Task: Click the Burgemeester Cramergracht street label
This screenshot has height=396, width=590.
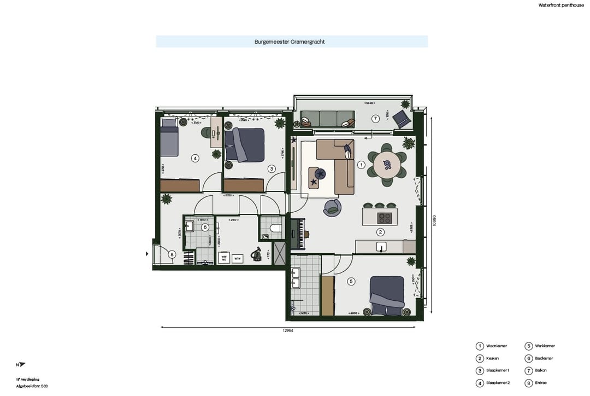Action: point(290,42)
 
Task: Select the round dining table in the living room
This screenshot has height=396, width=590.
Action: point(387,164)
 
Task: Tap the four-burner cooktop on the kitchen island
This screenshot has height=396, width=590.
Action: point(385,218)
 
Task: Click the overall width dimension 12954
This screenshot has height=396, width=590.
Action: point(288,331)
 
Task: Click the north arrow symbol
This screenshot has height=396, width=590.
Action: point(22,365)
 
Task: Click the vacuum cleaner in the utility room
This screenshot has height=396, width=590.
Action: point(255,255)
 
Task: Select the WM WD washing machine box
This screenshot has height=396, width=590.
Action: point(223,257)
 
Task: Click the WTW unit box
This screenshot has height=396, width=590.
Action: point(237,258)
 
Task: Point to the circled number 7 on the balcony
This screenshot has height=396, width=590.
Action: point(375,119)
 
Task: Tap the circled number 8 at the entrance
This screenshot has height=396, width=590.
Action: point(172,254)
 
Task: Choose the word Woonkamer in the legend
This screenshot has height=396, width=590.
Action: point(497,346)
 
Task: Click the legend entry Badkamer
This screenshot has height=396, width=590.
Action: point(544,358)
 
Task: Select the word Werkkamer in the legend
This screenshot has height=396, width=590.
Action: point(544,346)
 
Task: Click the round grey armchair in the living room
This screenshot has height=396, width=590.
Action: point(332,207)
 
